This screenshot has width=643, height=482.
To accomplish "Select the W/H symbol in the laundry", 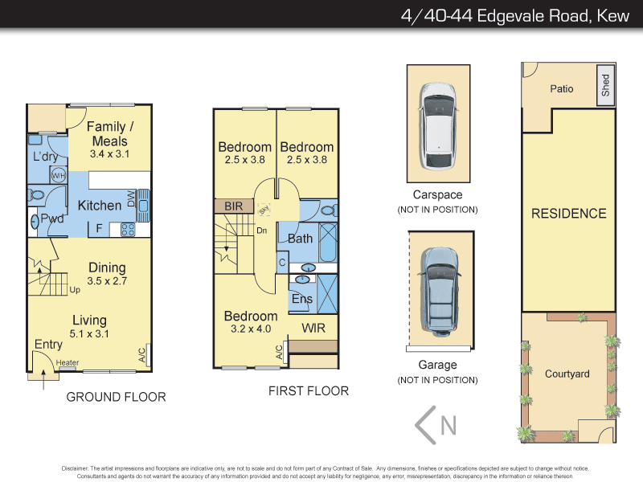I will (58, 175).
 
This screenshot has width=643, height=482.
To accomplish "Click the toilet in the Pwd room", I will (35, 194).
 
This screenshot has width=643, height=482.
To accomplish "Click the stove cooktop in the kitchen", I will (128, 229).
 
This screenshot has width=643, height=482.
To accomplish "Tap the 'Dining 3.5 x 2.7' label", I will (107, 274).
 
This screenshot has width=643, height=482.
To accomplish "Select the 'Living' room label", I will (90, 321).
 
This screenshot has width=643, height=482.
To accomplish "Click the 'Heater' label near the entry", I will (68, 363).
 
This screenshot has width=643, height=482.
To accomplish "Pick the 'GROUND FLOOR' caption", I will (116, 397).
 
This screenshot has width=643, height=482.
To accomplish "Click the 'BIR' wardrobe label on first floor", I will (234, 206).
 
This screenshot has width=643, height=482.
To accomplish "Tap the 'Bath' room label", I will (300, 239).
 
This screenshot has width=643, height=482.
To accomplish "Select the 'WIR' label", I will (313, 328).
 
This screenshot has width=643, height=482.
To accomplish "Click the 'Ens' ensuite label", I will (302, 299).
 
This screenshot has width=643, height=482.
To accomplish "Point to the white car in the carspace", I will (437, 122).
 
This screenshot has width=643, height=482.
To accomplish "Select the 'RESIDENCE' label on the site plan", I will (568, 214).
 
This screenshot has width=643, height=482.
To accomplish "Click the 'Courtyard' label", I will (567, 374).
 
